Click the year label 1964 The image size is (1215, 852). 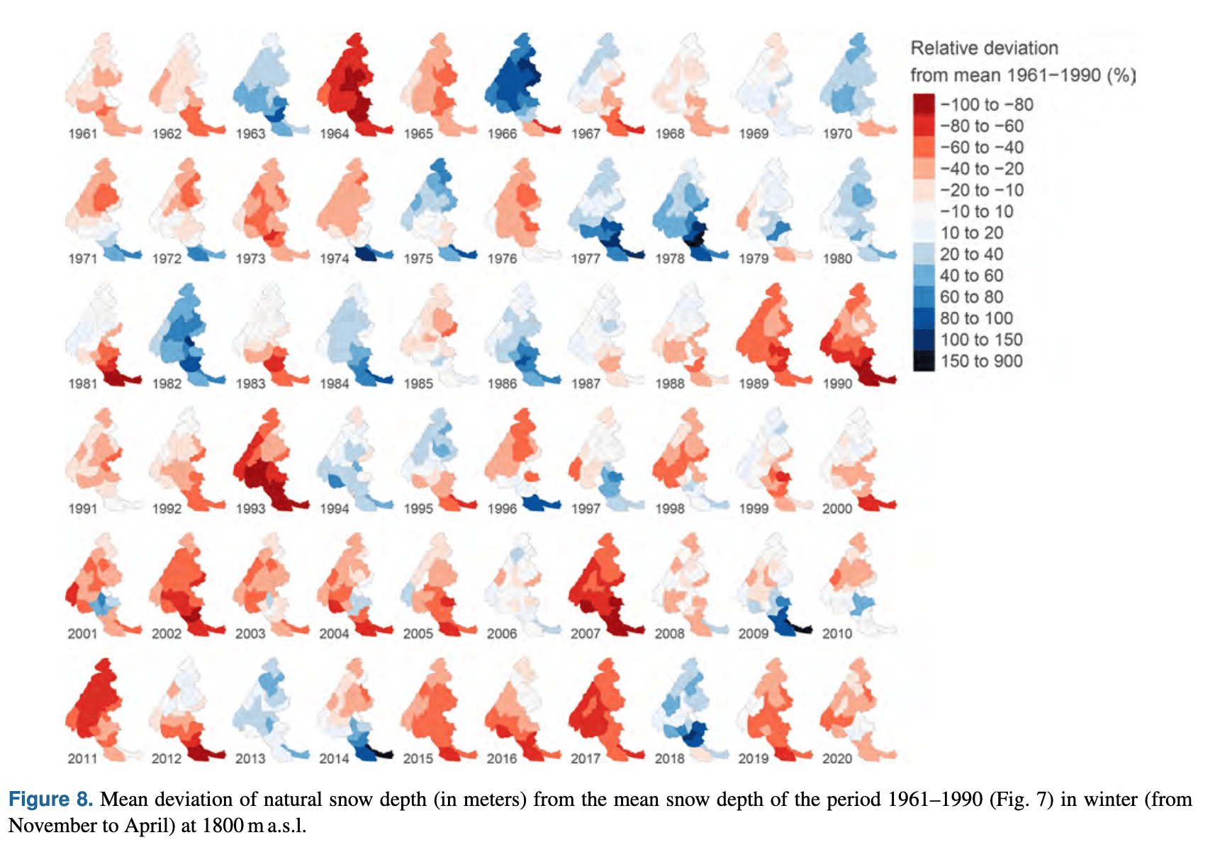[x=334, y=134]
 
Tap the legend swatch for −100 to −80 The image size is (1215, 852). [x=924, y=104]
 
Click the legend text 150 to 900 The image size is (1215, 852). [x=981, y=361]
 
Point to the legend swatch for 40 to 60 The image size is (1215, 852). [x=924, y=275]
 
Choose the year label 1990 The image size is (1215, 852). [x=837, y=384]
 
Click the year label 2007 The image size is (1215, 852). [x=586, y=634]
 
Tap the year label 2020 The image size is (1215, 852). [x=837, y=758]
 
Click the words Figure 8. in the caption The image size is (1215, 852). [x=50, y=800]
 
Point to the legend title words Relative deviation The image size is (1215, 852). [x=984, y=48]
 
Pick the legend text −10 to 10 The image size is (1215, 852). [x=976, y=211]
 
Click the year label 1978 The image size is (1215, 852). [x=669, y=259]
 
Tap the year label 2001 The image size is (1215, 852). [x=82, y=634]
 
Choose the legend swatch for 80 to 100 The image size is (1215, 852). [x=924, y=318]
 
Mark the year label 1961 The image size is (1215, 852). [x=82, y=134]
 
